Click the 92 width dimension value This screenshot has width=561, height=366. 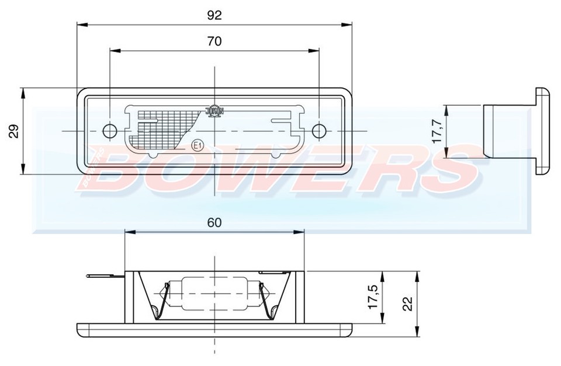pos(214,16)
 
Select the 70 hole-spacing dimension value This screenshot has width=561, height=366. pos(214,41)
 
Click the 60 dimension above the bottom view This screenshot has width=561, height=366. pos(214,223)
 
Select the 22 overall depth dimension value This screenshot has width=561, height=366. pos(408,303)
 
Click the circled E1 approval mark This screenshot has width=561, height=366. pos(197,145)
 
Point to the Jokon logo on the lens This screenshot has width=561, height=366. pos(214,110)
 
